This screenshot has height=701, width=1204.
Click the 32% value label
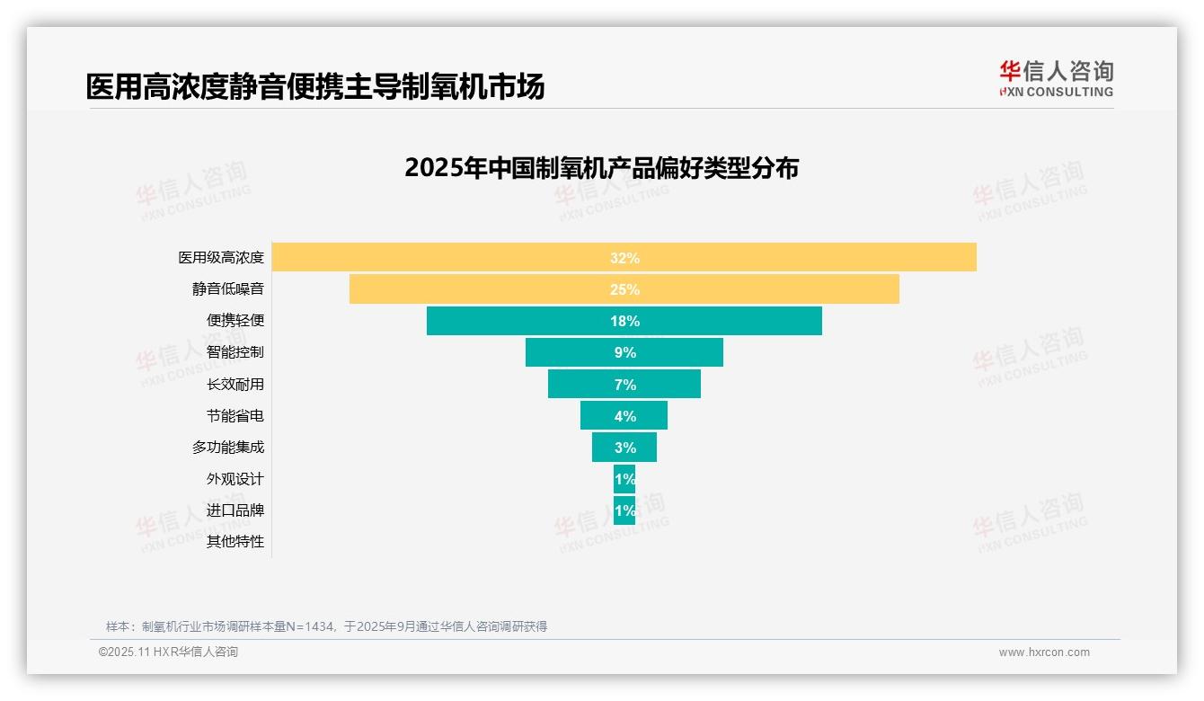(624, 258)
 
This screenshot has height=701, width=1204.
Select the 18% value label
(624, 321)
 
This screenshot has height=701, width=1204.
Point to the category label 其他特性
(235, 541)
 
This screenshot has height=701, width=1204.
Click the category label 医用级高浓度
(221, 257)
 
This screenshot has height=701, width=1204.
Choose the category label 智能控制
(235, 352)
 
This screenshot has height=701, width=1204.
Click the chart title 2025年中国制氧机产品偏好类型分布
(601, 168)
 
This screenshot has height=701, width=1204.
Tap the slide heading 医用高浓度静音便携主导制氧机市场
(315, 86)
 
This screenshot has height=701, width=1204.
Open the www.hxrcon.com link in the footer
(1044, 652)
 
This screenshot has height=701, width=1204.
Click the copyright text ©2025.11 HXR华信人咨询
(168, 652)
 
